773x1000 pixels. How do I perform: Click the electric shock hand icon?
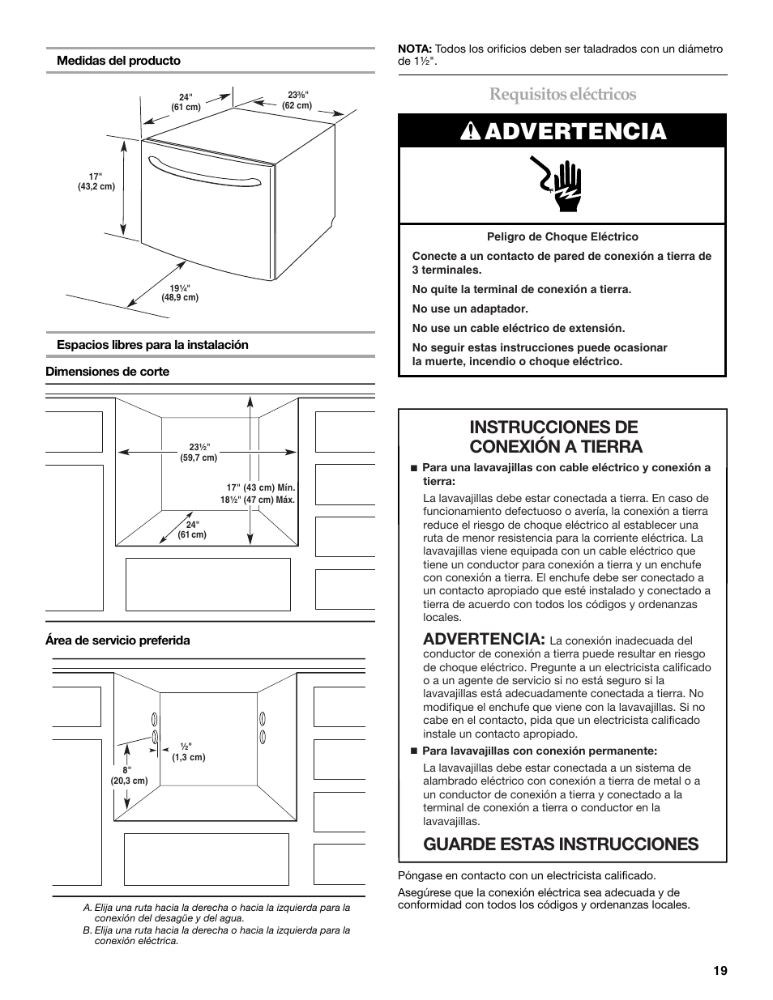point(562,185)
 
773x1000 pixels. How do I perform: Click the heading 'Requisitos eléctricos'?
point(562,94)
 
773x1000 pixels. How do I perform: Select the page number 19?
point(720,972)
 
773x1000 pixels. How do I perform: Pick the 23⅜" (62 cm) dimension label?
point(298,100)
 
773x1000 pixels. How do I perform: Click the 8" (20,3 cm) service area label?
point(128,776)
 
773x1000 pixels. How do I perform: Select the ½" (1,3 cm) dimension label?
point(187,752)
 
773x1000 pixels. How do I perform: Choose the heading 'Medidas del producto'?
point(118,61)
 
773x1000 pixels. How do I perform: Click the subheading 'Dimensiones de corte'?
point(107,372)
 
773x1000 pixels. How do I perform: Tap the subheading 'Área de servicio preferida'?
point(117,640)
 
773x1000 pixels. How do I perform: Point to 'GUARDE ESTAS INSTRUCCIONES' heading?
point(561,844)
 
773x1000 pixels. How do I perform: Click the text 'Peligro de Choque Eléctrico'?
point(562,237)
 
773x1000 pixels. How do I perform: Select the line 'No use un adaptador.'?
point(470,309)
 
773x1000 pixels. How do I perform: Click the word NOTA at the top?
point(414,49)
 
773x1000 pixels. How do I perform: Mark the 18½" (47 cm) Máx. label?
point(258,500)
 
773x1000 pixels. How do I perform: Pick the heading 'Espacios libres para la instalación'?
point(152,345)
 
